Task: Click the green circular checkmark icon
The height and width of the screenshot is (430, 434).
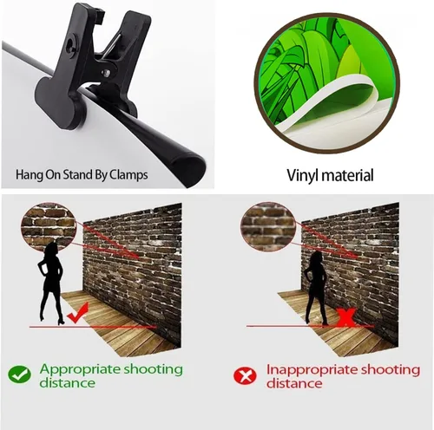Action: pyautogui.click(x=19, y=375)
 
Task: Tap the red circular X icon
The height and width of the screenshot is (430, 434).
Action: pyautogui.click(x=245, y=376)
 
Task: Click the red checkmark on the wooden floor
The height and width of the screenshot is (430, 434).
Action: pyautogui.click(x=77, y=313)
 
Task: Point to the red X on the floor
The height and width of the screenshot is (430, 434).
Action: pyautogui.click(x=346, y=316)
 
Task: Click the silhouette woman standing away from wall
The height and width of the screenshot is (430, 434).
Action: pyautogui.click(x=50, y=283)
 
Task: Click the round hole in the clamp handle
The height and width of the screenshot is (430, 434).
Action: pyautogui.click(x=71, y=43)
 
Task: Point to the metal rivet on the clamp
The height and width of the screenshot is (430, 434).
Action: pyautogui.click(x=107, y=73)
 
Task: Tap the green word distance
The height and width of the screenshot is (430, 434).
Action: pyautogui.click(x=67, y=383)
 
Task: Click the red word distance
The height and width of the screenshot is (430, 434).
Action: pyautogui.click(x=294, y=384)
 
